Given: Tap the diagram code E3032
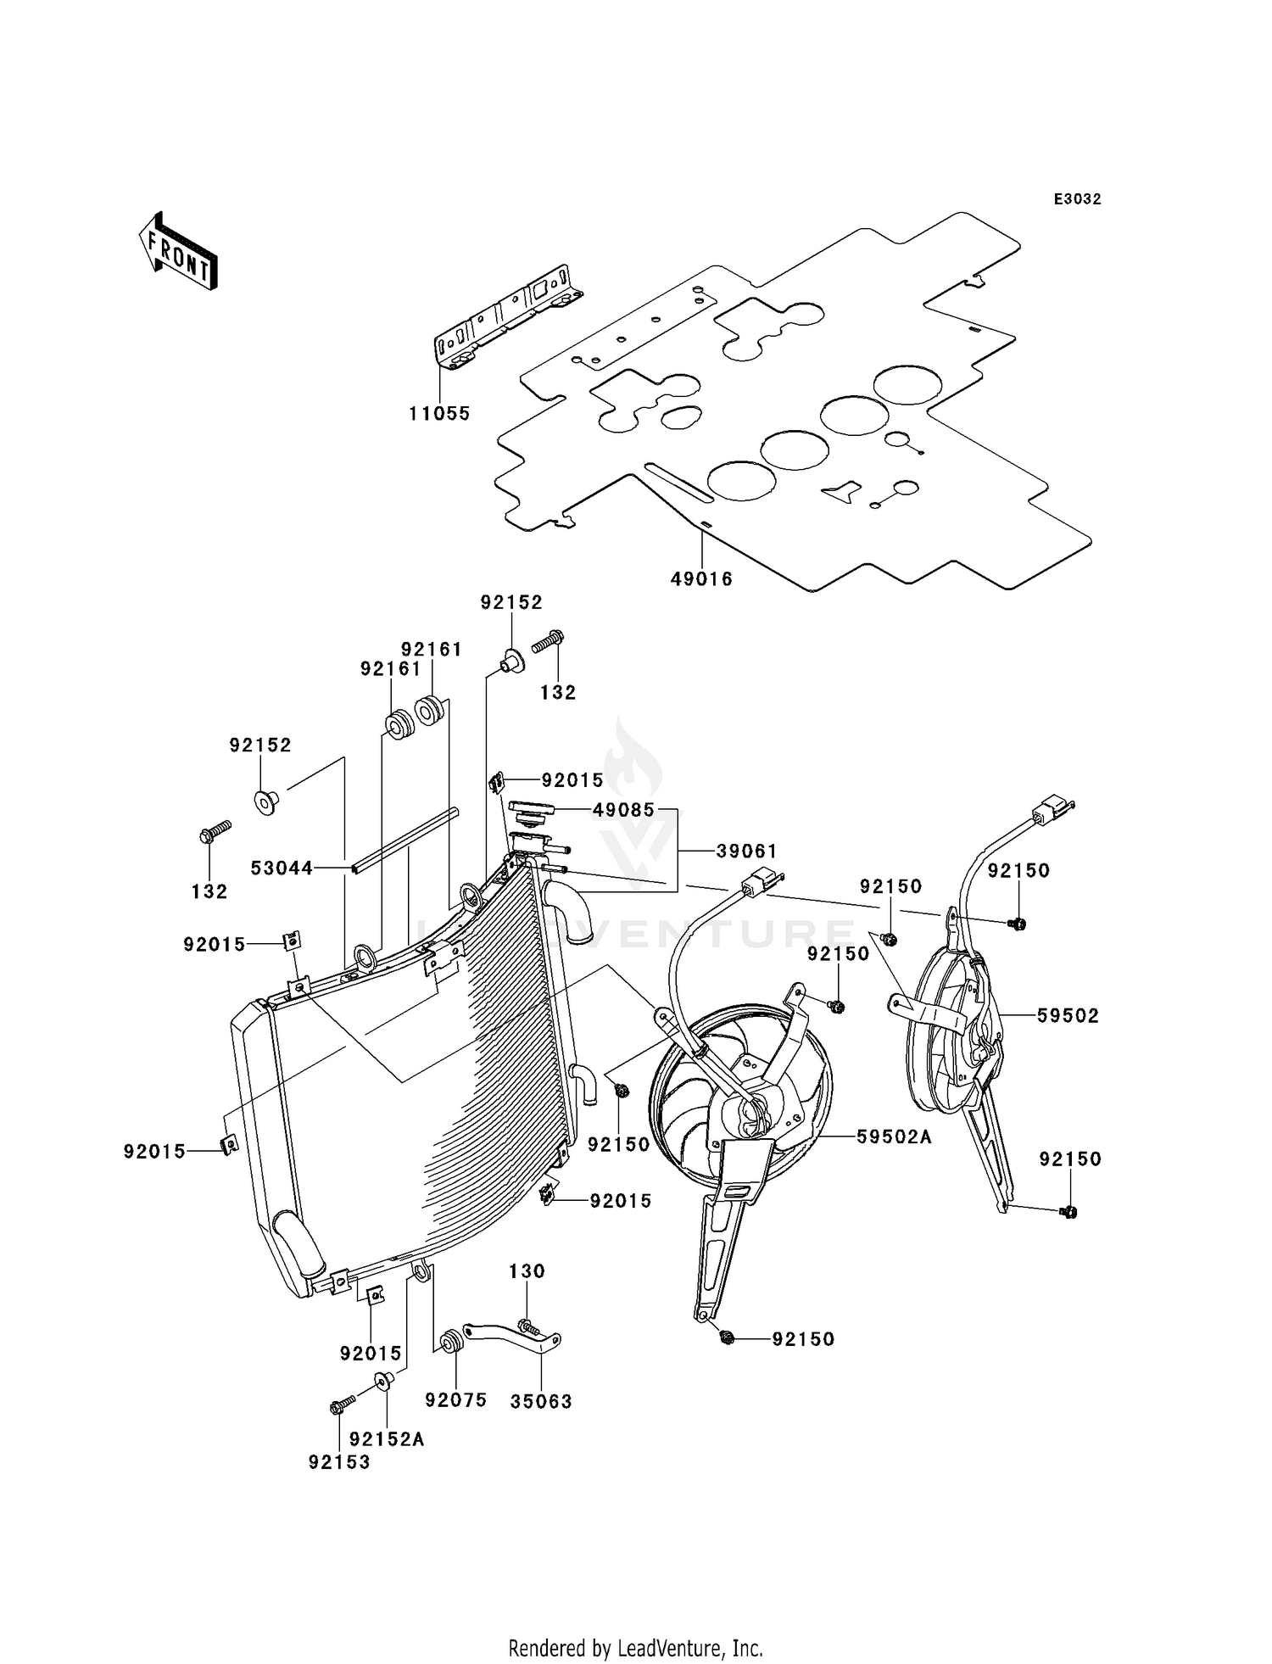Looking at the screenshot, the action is [1077, 199].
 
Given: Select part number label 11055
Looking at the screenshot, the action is [439, 414].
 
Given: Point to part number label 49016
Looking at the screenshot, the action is [701, 579].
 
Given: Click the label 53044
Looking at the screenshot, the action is [282, 868].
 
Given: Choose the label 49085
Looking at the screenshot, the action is [623, 810].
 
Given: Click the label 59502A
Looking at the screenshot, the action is [894, 1137].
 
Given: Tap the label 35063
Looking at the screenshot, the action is [541, 1402].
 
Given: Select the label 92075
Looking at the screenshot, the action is [456, 1400].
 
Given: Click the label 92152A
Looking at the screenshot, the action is [387, 1439].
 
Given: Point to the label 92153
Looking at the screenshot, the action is [339, 1463].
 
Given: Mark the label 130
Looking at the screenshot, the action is [527, 1271].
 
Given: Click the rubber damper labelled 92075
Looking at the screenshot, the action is [450, 1343].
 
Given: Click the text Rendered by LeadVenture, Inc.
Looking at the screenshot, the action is [635, 1648].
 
